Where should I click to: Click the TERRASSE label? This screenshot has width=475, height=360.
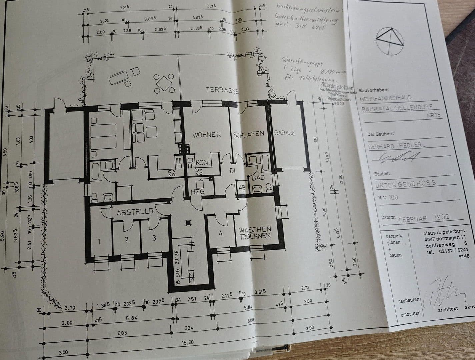coord(222,90)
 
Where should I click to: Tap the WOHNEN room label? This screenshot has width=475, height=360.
coord(207,135)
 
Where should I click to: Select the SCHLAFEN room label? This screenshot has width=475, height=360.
coord(249,134)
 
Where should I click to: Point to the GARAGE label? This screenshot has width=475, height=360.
coord(284,133)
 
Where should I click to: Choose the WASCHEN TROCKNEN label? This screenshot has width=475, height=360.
coord(255,233)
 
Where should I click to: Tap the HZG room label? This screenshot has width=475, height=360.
coord(197,191)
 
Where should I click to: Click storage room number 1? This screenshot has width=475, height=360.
coord(99,241)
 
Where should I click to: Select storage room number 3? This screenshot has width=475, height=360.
coord(154,238)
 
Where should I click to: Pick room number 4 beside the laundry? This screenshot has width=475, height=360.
coord(220,233)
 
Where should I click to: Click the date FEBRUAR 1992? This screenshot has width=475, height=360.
coord(424,218)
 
